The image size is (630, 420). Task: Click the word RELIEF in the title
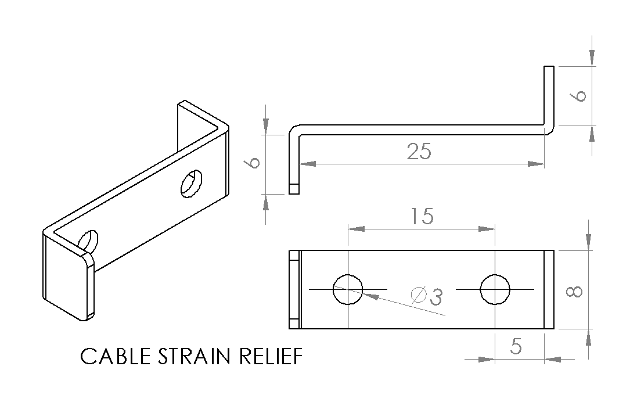pyautogui.click(x=271, y=356)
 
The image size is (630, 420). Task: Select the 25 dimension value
pyautogui.click(x=419, y=152)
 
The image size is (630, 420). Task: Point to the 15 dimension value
pyautogui.click(x=422, y=216)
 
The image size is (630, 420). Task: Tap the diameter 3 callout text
pyautogui.click(x=426, y=296)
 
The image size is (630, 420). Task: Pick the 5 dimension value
pyautogui.click(x=516, y=346)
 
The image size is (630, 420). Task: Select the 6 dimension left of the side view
pyautogui.click(x=253, y=162)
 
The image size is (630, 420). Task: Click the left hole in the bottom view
pyautogui.click(x=348, y=289)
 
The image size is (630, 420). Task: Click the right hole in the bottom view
pyautogui.click(x=495, y=289)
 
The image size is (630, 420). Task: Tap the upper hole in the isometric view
pyautogui.click(x=191, y=184)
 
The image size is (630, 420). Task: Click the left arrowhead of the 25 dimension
pyautogui.click(x=307, y=164)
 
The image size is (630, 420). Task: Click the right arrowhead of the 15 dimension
pyautogui.click(x=487, y=229)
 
